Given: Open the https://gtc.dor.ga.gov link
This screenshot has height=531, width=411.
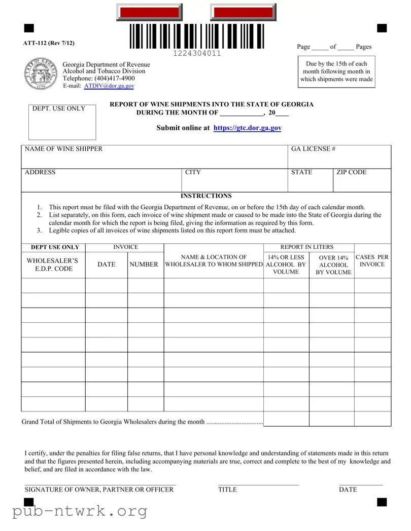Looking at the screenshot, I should [x=248, y=128].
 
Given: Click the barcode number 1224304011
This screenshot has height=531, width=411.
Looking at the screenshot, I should [x=197, y=54].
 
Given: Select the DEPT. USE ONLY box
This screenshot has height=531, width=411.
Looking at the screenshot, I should [x=62, y=122].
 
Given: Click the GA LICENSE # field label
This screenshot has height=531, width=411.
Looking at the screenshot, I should [x=313, y=149].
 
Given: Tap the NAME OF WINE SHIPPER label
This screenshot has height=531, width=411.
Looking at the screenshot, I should [x=63, y=149].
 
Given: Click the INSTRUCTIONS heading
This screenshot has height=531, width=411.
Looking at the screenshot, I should [x=206, y=196].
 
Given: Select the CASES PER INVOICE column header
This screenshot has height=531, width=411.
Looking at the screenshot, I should [x=372, y=261].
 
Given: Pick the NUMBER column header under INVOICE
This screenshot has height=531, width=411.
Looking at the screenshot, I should [x=144, y=264].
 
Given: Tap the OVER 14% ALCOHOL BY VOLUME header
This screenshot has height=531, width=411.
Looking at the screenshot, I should [x=333, y=265].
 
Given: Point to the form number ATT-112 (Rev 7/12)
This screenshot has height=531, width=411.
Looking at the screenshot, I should [x=49, y=43].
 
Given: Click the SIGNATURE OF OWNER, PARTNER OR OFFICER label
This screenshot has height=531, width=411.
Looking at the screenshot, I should [x=99, y=489].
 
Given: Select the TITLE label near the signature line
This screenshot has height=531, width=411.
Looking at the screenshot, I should [x=227, y=489].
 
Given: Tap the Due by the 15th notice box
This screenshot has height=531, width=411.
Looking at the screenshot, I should [x=336, y=71].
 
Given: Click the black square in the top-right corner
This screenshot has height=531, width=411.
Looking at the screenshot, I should [x=382, y=28].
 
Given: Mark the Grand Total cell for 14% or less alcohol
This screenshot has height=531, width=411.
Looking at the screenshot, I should [x=286, y=419].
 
